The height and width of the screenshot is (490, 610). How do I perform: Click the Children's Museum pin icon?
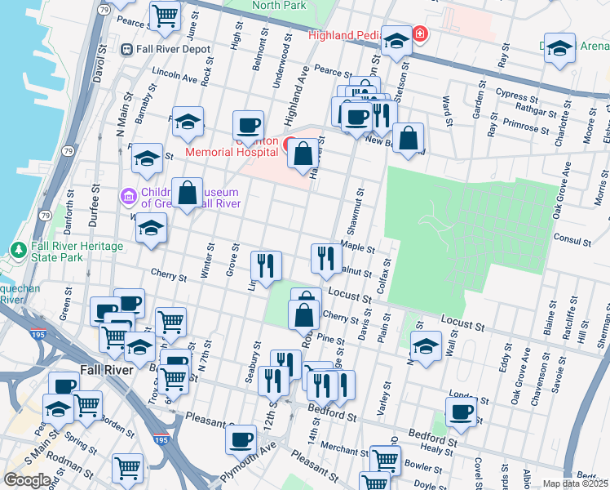tap(127, 197)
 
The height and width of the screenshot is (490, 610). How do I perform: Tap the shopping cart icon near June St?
tap(166, 16)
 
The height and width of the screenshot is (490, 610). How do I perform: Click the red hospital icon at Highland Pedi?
tap(419, 34)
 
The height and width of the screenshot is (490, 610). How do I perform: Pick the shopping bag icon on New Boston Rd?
tap(408, 137)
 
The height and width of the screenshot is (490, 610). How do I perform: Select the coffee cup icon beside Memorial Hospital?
tap(248, 125)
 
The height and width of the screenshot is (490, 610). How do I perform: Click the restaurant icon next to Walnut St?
tap(326, 258)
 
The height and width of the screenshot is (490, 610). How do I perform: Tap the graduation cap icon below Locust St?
tap(426, 346)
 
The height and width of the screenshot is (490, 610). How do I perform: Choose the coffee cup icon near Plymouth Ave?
tap(240, 440)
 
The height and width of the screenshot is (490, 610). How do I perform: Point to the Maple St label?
tap(357, 247)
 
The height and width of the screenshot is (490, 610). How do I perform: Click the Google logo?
tap(27, 479)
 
